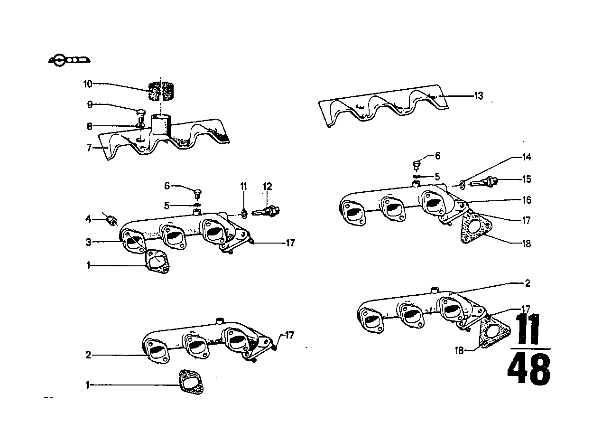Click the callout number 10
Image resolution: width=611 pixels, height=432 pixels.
click(87, 84)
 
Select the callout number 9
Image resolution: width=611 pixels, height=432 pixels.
click(89, 104)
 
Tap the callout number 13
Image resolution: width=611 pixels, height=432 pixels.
click(478, 96)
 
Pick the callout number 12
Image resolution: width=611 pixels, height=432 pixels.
click(268, 187)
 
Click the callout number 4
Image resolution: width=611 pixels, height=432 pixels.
click(88, 219)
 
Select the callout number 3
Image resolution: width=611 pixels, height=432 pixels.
click(88, 242)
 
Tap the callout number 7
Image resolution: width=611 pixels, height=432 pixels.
click(89, 148)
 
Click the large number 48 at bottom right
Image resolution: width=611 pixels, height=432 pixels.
click(529, 368)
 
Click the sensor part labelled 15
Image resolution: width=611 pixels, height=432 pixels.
click(487, 181)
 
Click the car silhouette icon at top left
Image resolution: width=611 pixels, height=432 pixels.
click(70, 60)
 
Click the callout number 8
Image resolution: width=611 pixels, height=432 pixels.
click(89, 126)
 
